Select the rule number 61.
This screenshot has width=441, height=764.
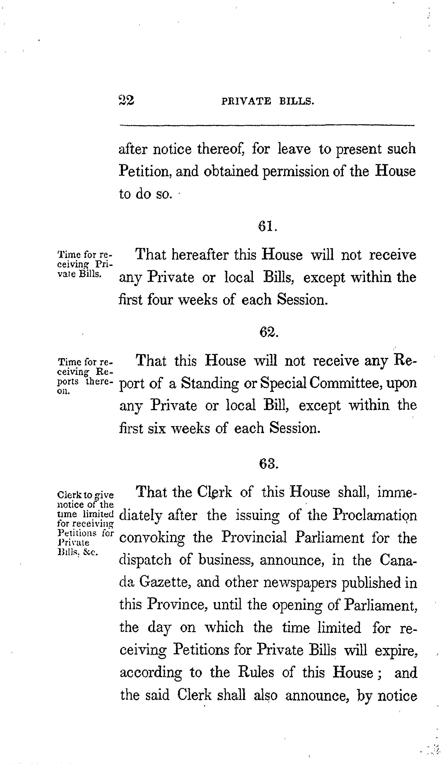coord(268,226)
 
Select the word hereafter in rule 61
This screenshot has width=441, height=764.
coord(200,255)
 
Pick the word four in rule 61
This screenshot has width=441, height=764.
coord(160,300)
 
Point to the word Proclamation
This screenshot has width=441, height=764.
coord(375,515)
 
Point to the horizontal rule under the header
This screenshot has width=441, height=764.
coord(267,125)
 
